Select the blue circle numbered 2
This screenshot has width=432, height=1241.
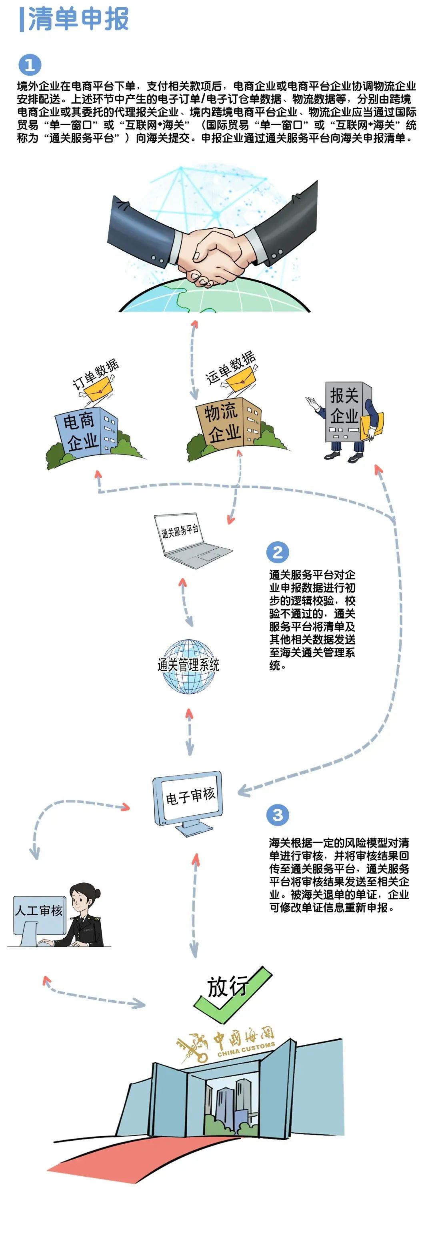pyautogui.click(x=278, y=552)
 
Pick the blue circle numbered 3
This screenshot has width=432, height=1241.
pyautogui.click(x=278, y=815)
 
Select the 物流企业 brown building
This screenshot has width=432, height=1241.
pyautogui.click(x=227, y=421)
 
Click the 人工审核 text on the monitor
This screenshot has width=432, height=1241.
pyautogui.click(x=38, y=910)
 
